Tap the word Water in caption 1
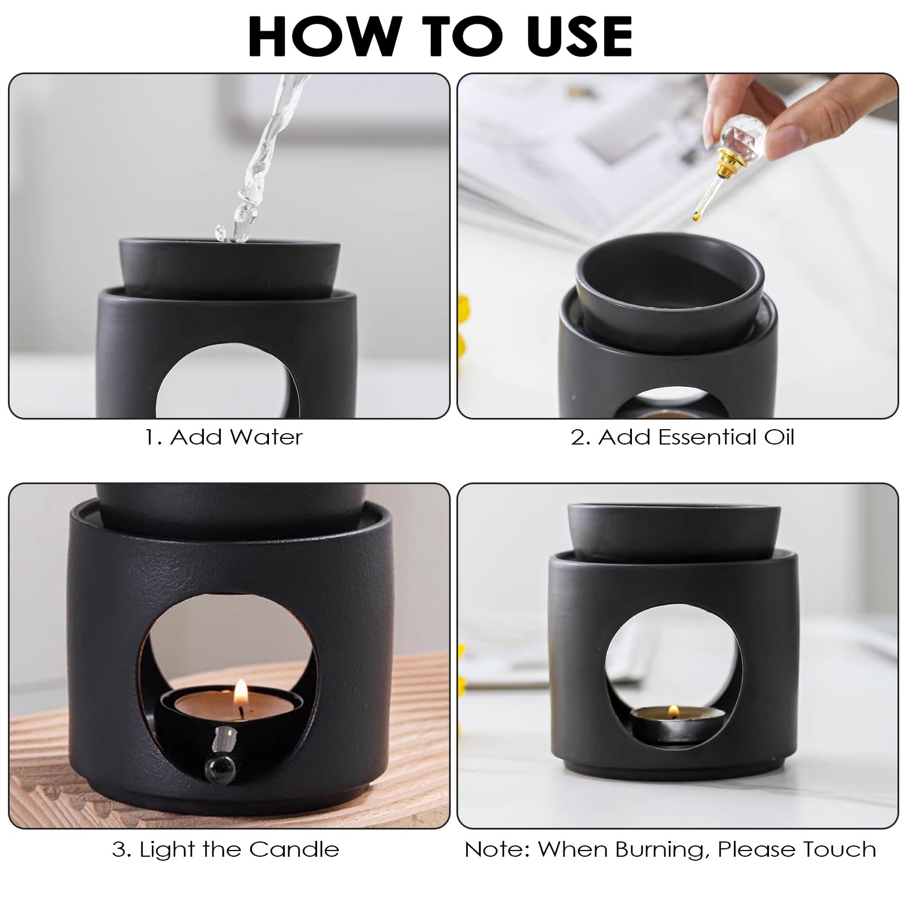[x=264, y=437]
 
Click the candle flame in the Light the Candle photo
[x=241, y=692]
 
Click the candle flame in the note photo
[x=674, y=711]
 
